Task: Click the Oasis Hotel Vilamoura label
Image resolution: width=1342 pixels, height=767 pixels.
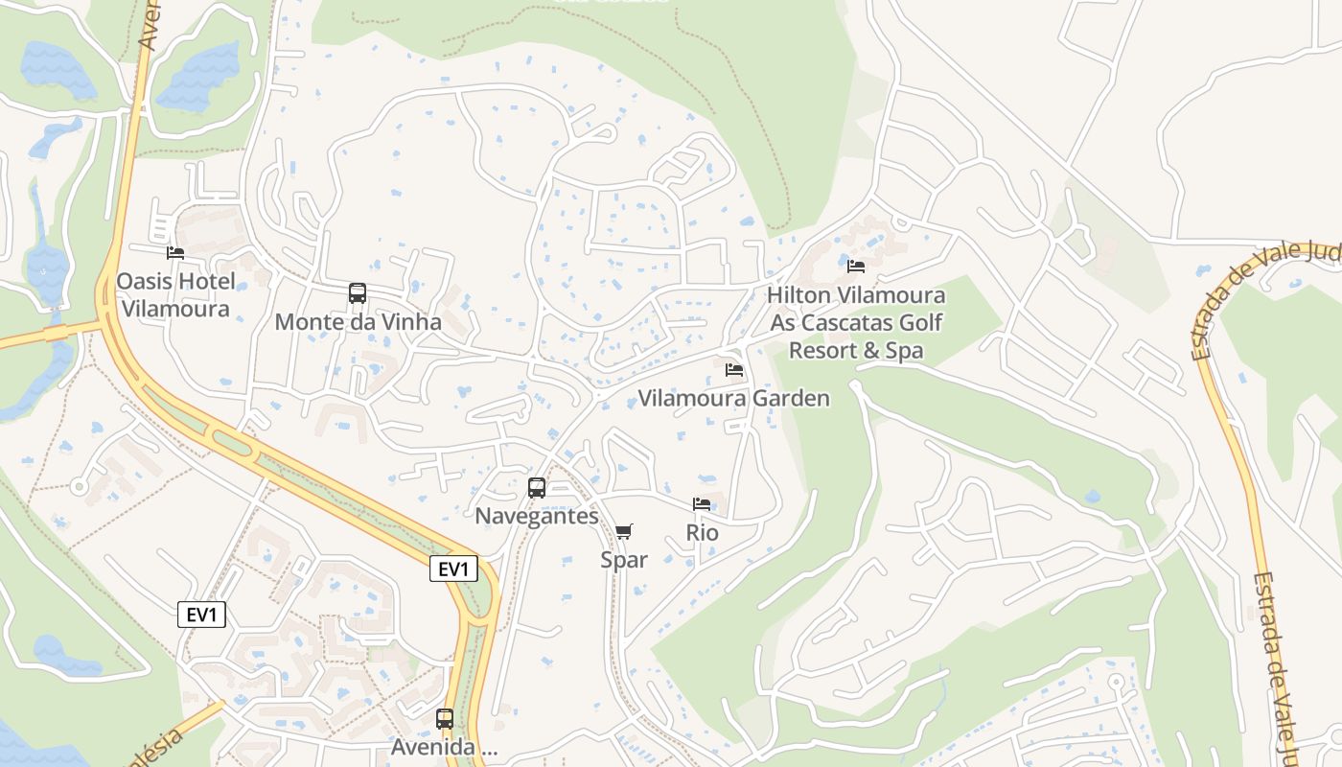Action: click(x=174, y=295)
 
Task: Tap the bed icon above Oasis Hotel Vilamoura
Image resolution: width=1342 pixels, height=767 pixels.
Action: click(x=175, y=253)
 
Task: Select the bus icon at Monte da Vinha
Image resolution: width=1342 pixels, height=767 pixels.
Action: click(x=358, y=293)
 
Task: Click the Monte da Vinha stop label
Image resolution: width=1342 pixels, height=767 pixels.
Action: click(x=358, y=322)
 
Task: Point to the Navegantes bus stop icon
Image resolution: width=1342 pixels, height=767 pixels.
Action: click(x=537, y=487)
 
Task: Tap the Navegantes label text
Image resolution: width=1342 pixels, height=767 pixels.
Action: click(x=537, y=516)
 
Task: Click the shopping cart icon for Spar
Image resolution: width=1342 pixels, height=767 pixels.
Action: click(x=624, y=531)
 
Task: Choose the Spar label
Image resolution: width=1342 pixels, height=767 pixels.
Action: click(x=624, y=560)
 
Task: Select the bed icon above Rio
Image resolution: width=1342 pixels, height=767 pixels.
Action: click(x=702, y=504)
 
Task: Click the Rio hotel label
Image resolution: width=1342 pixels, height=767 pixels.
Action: click(x=702, y=532)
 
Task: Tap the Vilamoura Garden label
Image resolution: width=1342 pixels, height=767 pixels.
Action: click(x=734, y=398)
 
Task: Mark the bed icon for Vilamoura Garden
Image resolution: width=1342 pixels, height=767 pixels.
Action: click(x=734, y=370)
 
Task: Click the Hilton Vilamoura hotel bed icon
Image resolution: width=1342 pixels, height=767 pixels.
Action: click(x=856, y=267)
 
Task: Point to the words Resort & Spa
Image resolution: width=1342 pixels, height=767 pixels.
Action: click(x=856, y=351)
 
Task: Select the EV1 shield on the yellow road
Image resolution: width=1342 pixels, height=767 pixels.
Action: click(x=453, y=569)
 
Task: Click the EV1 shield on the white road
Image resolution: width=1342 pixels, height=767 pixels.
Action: click(x=202, y=615)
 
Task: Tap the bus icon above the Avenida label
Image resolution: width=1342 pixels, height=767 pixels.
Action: click(x=445, y=718)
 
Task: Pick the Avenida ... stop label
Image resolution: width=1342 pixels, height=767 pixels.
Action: click(x=445, y=746)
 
